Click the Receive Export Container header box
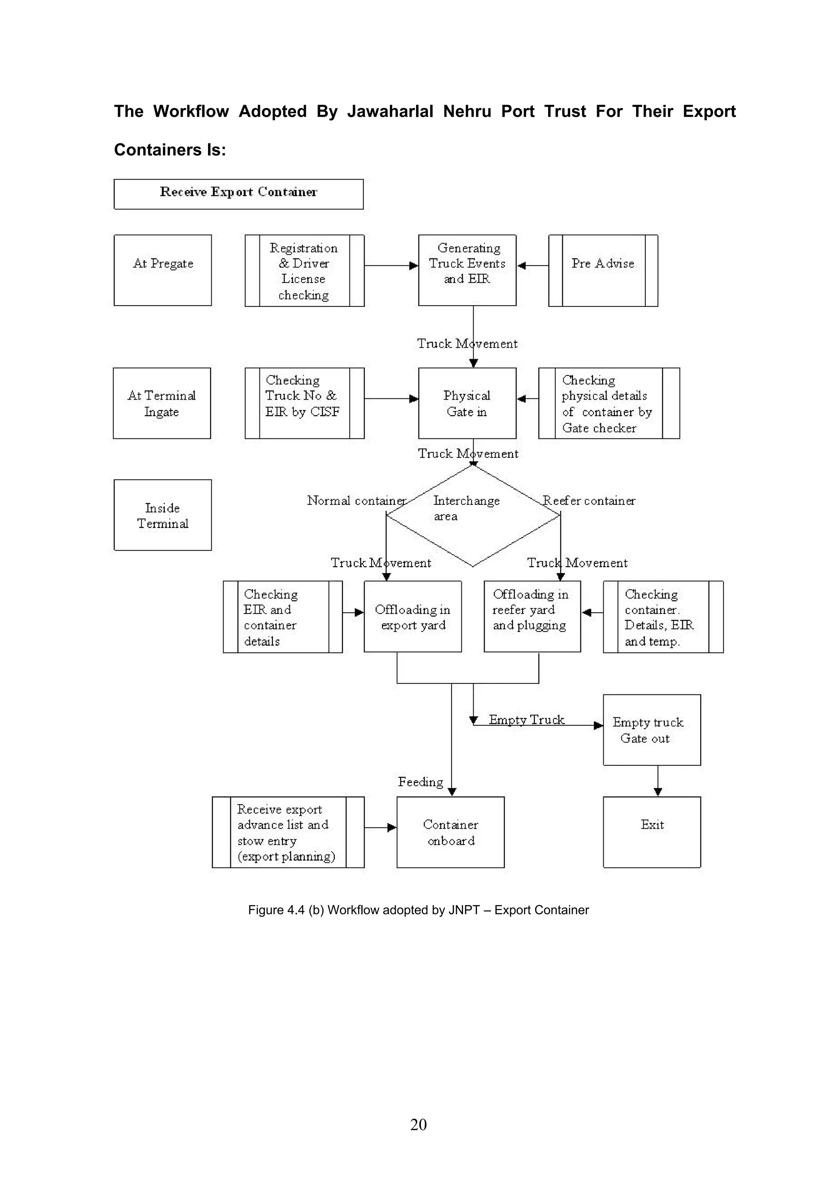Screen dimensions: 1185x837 tap(238, 194)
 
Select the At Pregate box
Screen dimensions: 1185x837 tap(162, 270)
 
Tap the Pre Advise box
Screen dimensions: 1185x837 tap(603, 270)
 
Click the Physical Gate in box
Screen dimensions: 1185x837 tap(467, 403)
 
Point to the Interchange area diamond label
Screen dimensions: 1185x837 tap(465, 508)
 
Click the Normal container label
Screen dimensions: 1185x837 tap(356, 500)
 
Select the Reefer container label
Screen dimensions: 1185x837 tap(589, 500)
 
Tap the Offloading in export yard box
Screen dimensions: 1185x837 tap(412, 617)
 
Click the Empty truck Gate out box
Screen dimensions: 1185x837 tap(651, 730)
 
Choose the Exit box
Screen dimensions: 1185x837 tap(651, 832)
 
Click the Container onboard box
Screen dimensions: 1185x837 tap(450, 832)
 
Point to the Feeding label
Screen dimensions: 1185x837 tap(420, 782)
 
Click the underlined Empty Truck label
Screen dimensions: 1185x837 tap(526, 720)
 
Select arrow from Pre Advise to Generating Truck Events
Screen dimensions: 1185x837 tap(532, 266)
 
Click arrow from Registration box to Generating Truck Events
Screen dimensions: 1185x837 tap(391, 266)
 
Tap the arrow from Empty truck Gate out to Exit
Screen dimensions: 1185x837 tap(658, 780)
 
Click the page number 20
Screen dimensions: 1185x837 tap(418, 1124)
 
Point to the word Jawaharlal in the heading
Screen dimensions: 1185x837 tap(390, 112)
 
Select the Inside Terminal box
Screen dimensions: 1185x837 tap(162, 515)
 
